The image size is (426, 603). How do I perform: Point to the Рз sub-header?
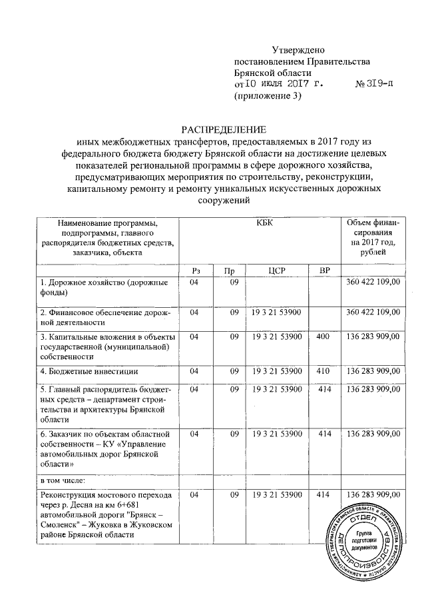point(195,271)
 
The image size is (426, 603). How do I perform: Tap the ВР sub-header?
point(324,271)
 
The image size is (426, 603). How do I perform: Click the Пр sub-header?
point(229,271)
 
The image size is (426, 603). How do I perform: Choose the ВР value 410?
point(323,370)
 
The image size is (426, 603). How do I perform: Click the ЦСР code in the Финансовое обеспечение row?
point(276,312)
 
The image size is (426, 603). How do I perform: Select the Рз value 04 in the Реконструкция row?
point(194,495)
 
